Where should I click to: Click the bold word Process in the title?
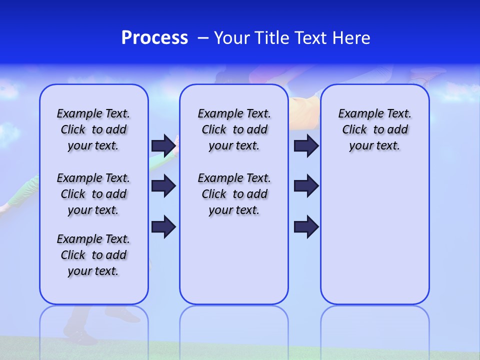point(154,38)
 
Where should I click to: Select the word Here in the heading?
point(351,38)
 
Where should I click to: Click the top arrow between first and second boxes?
point(163,145)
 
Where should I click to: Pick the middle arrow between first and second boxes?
point(163,186)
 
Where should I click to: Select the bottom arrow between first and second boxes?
point(163,226)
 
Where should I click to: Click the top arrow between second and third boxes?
point(306,145)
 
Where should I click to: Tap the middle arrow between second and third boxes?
point(306,186)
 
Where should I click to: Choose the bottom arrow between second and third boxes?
point(306,226)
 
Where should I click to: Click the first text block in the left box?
point(93,129)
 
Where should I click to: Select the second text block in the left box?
point(93,194)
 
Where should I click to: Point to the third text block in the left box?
point(93,255)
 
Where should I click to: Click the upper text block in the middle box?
point(234,129)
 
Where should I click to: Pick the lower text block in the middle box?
point(234,194)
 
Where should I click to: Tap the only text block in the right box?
point(375,129)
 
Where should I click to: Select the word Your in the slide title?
point(232,38)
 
